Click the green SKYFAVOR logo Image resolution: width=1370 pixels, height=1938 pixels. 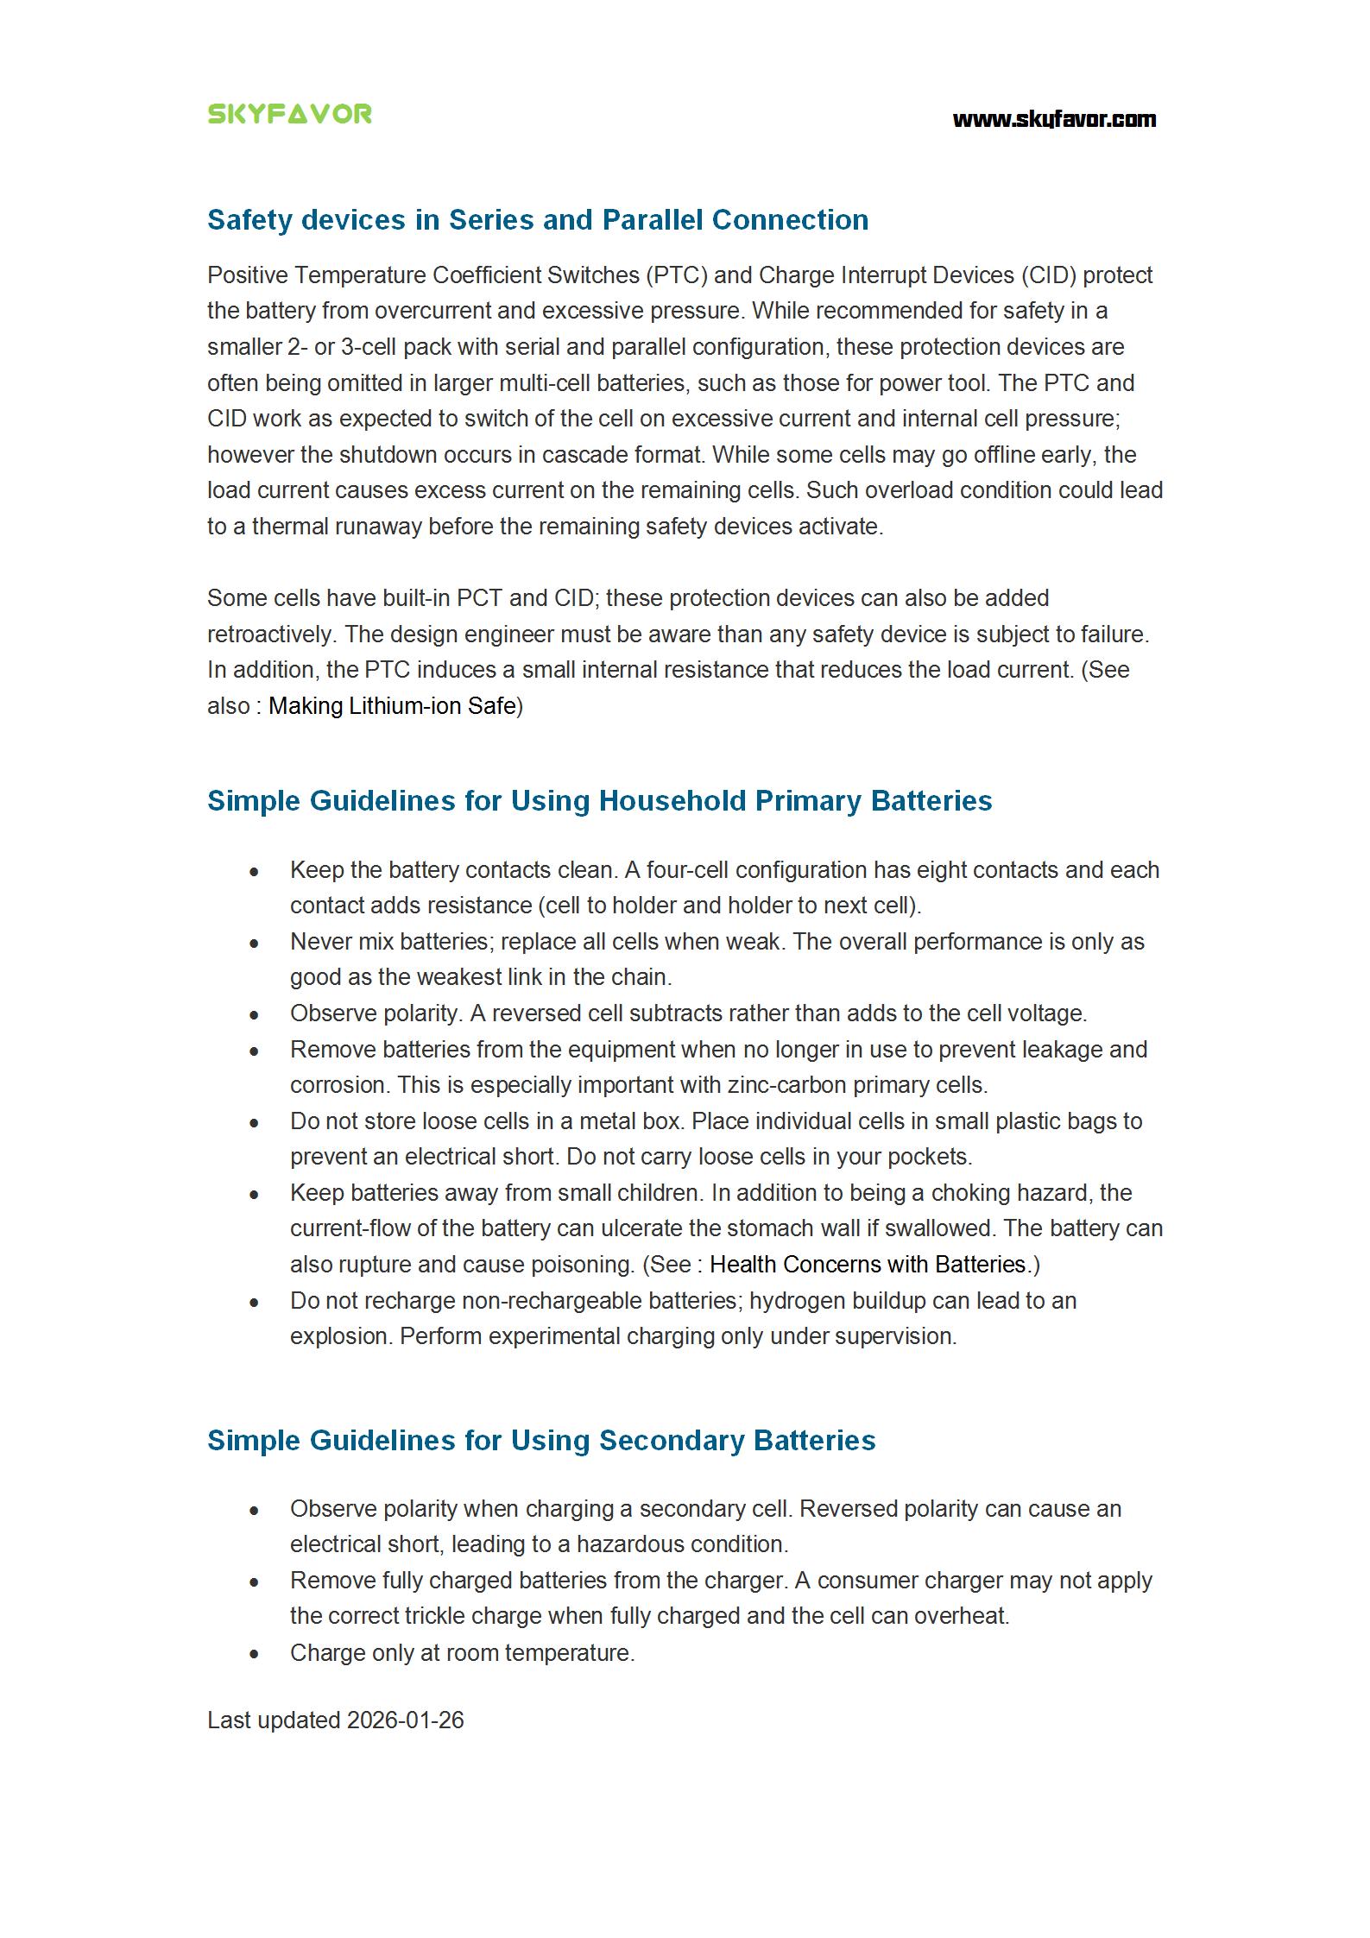[x=289, y=114]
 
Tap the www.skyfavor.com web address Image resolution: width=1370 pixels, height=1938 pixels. [x=1053, y=119]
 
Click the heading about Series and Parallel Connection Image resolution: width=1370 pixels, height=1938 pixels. [x=537, y=220]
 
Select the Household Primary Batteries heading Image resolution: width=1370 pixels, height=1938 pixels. [x=599, y=800]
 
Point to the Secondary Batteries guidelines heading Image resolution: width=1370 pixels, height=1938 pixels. [x=541, y=1440]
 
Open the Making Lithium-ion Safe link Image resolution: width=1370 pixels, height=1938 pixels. [x=392, y=706]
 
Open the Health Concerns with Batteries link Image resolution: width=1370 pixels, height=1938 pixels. [x=868, y=1265]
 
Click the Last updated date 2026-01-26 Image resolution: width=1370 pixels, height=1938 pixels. [x=405, y=1720]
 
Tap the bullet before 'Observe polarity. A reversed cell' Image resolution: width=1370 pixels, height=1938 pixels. [x=254, y=1015]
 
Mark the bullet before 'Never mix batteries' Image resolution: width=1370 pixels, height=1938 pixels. [x=254, y=944]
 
